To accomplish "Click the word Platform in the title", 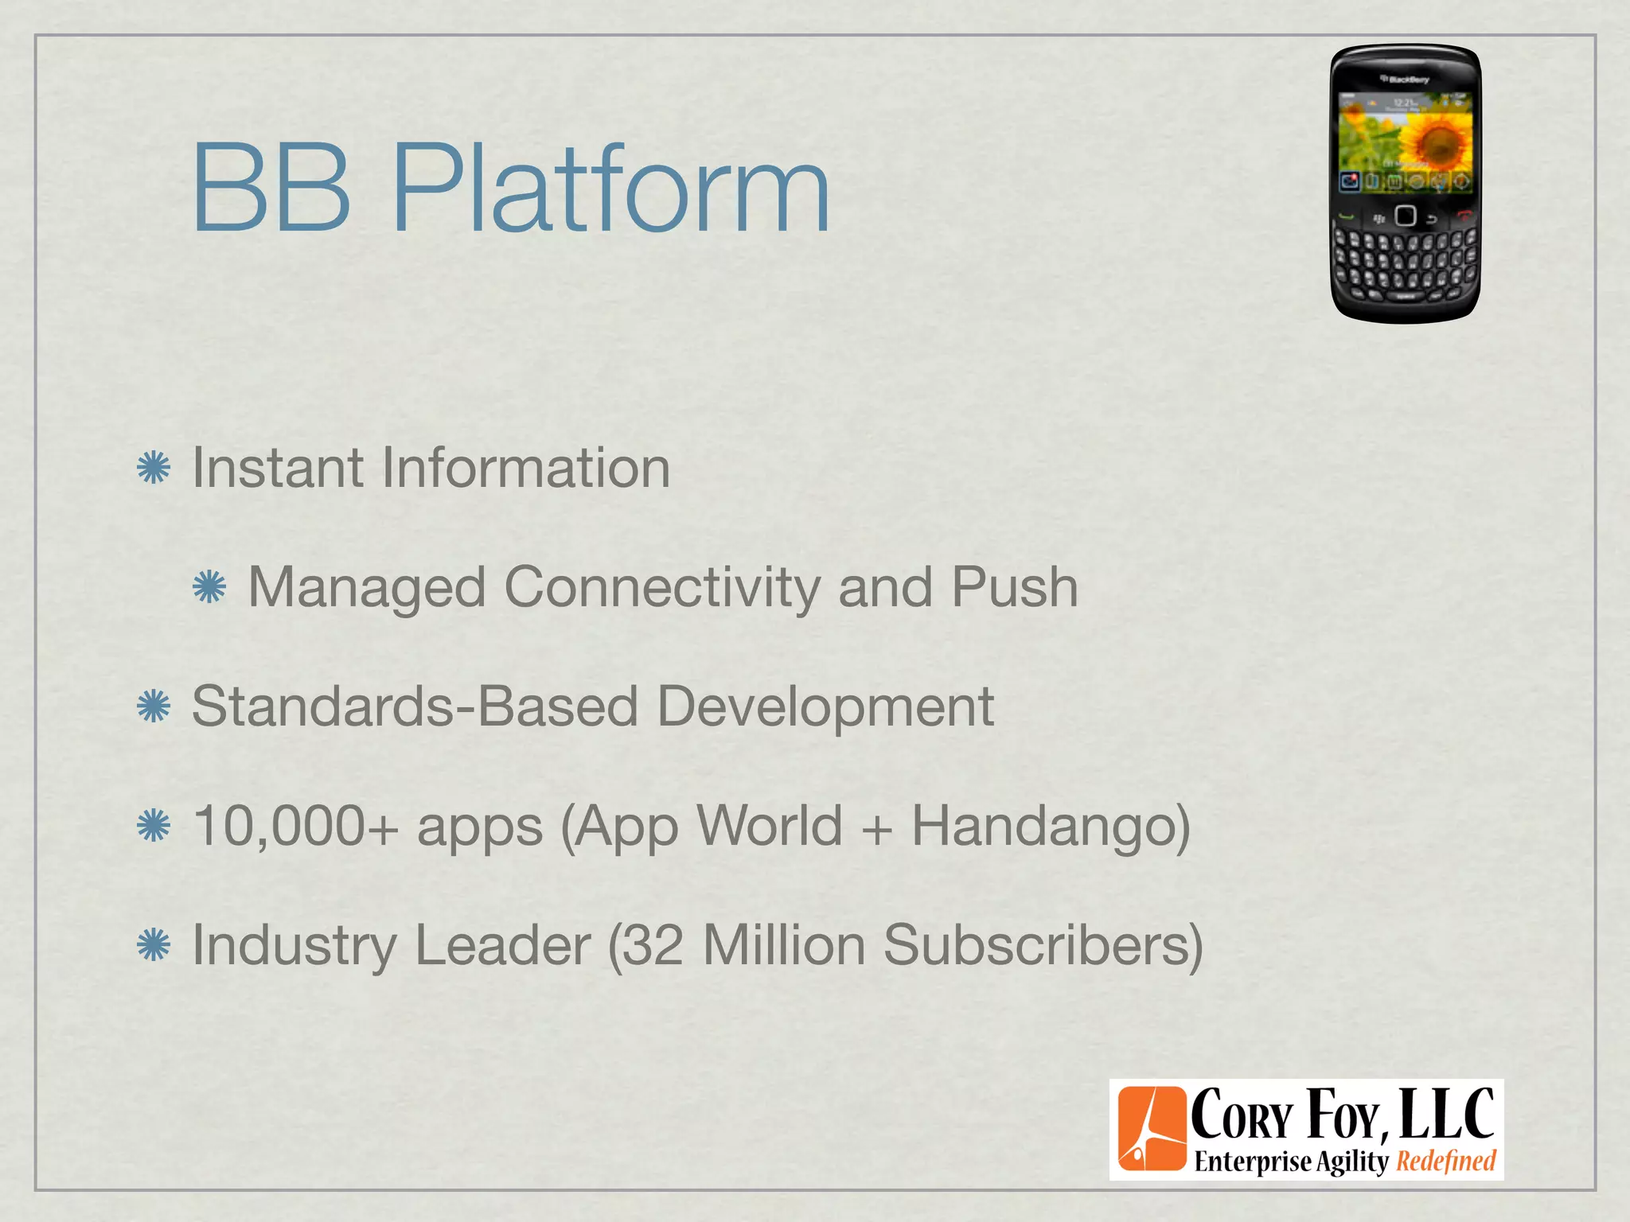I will (x=611, y=189).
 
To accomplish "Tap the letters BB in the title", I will (x=271, y=189).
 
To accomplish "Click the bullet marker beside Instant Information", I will (x=154, y=468).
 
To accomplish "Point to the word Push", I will (x=1015, y=587).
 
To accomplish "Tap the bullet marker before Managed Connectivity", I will (x=210, y=588).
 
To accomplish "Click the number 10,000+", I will (x=295, y=827).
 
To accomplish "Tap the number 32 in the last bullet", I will (x=652, y=946).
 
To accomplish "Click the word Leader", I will (x=502, y=946).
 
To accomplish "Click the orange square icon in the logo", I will (x=1152, y=1129).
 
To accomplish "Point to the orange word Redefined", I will (x=1446, y=1161).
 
